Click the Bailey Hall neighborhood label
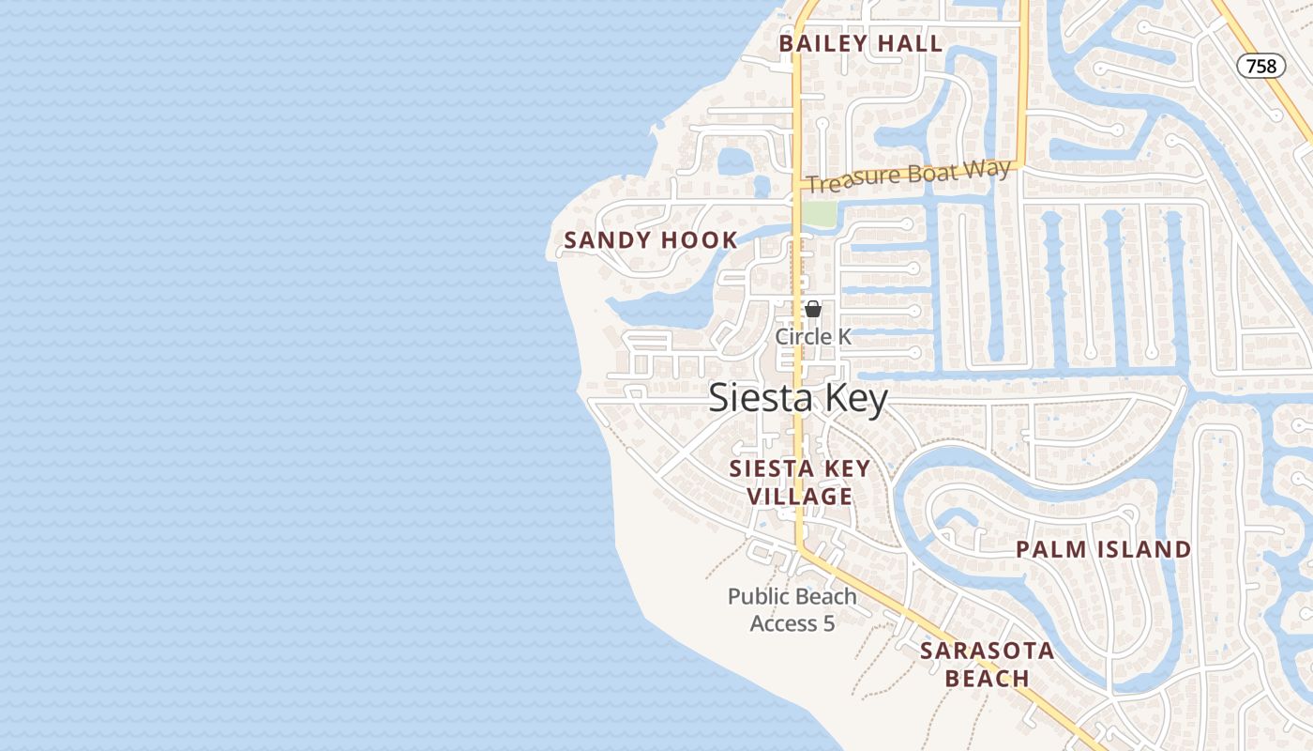click(x=861, y=43)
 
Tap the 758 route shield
click(x=1260, y=66)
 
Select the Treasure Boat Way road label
click(x=908, y=176)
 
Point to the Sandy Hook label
click(x=651, y=240)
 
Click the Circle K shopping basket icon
click(x=812, y=309)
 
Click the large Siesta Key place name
click(x=797, y=398)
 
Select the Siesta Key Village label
click(x=800, y=482)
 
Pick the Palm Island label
click(x=1104, y=549)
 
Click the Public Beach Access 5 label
click(x=792, y=609)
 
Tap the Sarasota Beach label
click(x=987, y=664)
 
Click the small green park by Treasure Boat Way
click(x=818, y=213)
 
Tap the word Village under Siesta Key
click(x=800, y=497)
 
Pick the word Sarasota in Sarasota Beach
click(x=987, y=651)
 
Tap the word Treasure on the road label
click(x=848, y=182)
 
